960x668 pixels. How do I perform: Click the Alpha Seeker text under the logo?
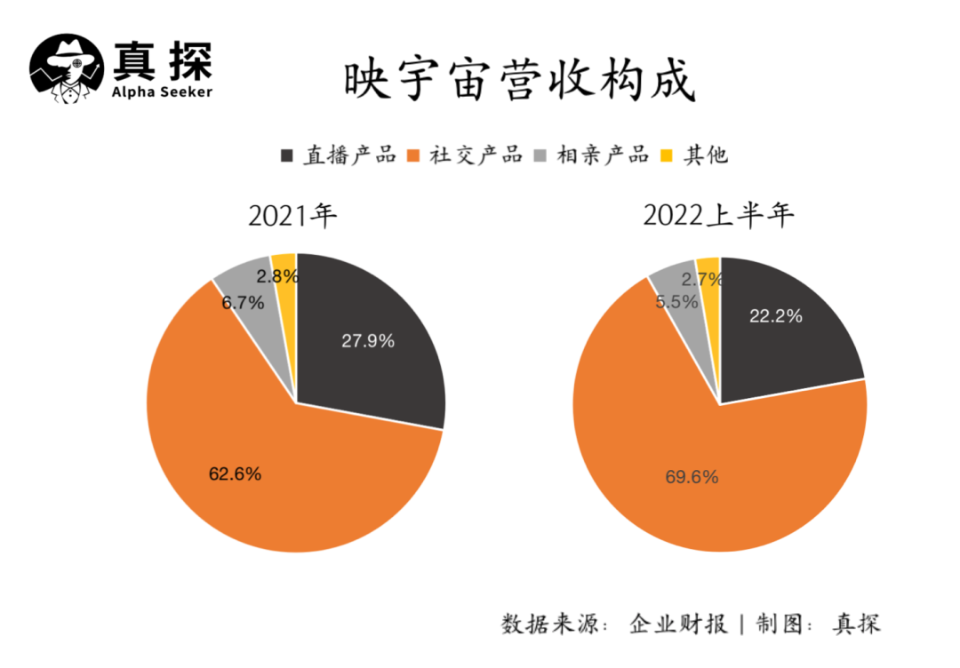(163, 92)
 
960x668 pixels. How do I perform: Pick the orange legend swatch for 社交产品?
(412, 155)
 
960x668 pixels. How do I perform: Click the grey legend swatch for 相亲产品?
(539, 155)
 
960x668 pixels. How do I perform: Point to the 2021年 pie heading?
(292, 216)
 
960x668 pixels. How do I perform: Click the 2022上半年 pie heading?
(718, 216)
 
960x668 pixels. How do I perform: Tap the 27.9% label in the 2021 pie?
(368, 340)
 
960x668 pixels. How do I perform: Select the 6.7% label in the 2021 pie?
(244, 303)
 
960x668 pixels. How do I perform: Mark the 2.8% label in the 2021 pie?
(276, 276)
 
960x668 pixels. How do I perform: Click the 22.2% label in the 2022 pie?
(776, 316)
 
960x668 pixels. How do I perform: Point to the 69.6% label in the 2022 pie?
(692, 477)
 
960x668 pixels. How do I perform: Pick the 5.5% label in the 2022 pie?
(676, 302)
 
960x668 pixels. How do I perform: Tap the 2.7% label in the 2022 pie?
(701, 280)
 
